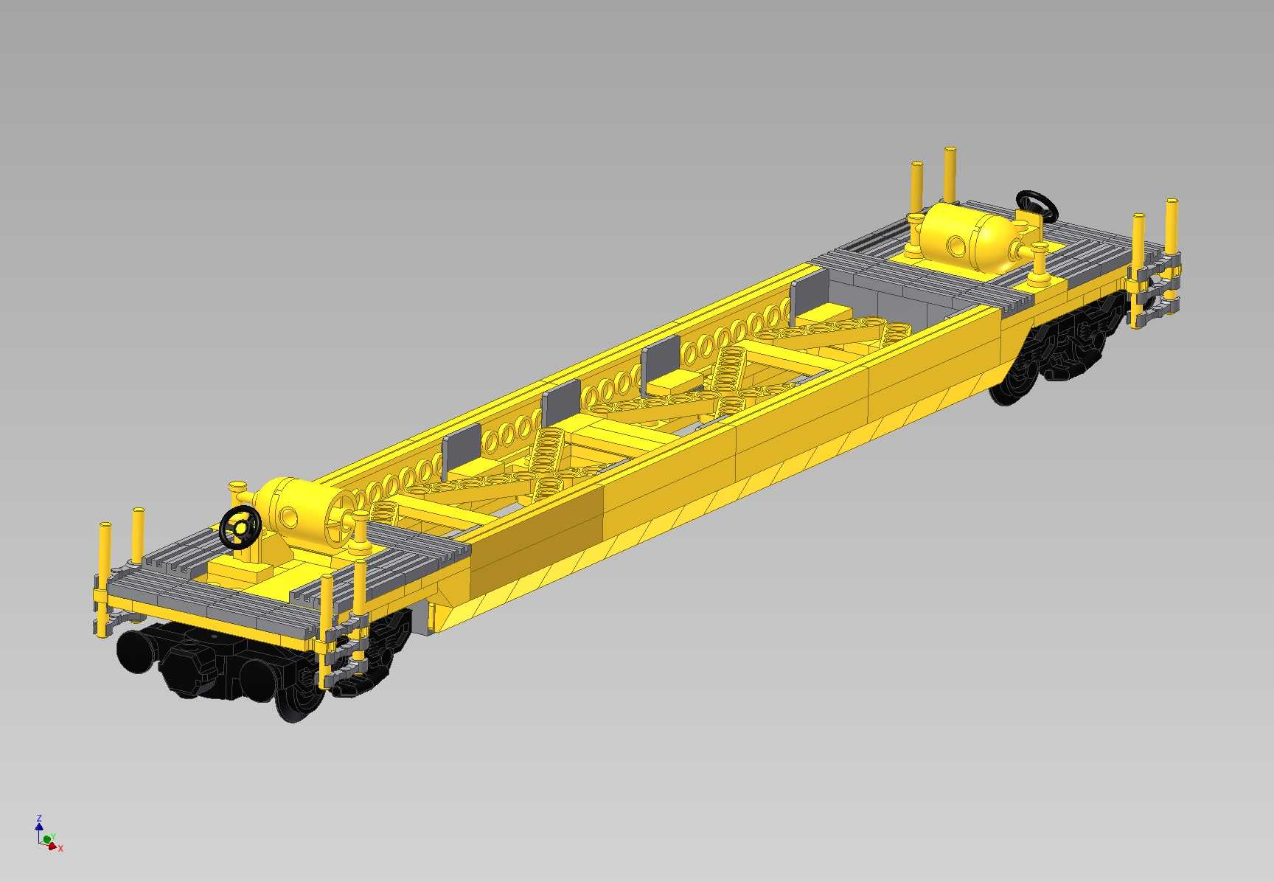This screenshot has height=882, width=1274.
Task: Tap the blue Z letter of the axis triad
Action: [x=39, y=818]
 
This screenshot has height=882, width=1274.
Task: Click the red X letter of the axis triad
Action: [x=60, y=849]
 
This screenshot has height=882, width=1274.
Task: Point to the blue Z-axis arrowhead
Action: [x=39, y=826]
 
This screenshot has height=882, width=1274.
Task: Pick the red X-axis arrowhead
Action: [x=52, y=846]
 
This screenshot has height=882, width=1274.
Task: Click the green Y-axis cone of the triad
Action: [x=47, y=839]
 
